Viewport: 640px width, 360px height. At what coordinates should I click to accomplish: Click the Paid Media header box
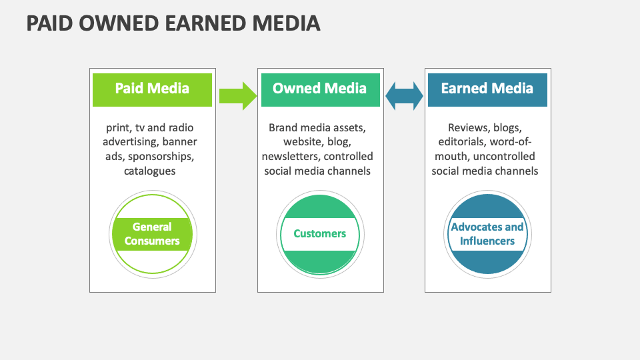click(152, 90)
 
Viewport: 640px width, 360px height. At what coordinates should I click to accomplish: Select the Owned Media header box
click(321, 90)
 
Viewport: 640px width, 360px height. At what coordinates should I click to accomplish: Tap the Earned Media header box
click(487, 90)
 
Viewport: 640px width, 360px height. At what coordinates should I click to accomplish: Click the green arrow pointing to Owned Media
click(238, 96)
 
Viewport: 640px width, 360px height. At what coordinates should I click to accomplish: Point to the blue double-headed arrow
click(404, 96)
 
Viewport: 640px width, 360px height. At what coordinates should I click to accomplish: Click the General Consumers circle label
click(152, 234)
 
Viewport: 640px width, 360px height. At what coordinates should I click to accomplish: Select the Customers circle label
click(319, 233)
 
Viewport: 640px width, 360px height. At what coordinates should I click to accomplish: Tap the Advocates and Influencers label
click(487, 234)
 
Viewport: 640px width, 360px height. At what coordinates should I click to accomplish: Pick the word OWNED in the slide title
click(119, 23)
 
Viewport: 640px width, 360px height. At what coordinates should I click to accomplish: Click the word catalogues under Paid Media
click(150, 171)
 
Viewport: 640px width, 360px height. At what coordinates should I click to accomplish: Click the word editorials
click(463, 141)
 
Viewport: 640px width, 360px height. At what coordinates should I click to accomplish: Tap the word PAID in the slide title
click(50, 23)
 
